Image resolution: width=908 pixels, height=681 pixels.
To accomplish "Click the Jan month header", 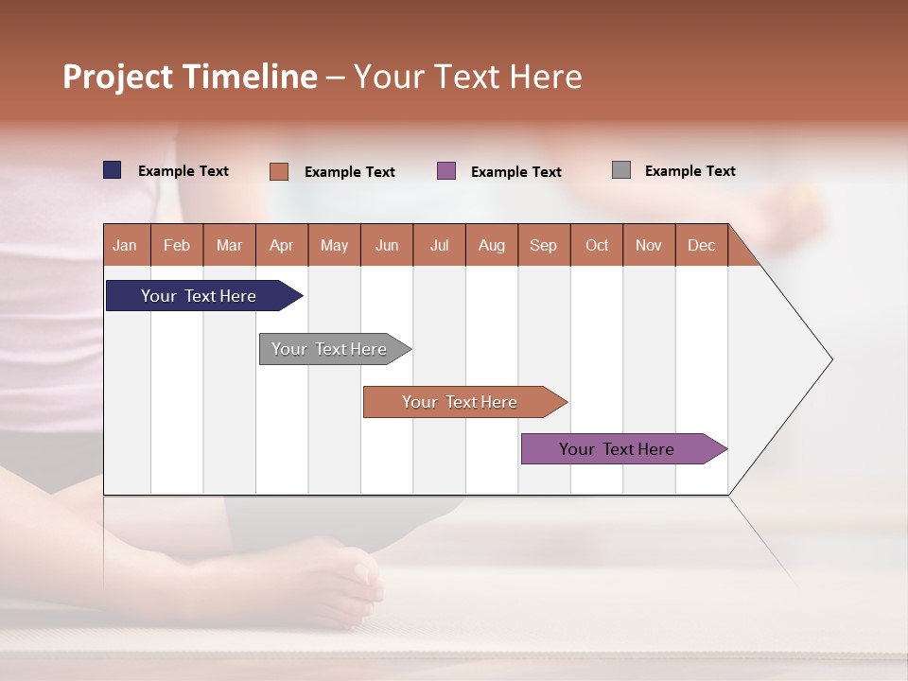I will tap(126, 246).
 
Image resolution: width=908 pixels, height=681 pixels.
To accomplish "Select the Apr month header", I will tap(282, 246).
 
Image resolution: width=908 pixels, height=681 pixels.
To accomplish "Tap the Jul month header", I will tap(439, 246).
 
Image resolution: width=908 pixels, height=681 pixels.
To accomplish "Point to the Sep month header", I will tap(544, 246).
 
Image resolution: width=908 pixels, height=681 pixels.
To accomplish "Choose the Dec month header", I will tap(701, 246).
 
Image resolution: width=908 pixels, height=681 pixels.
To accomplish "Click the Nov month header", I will tap(649, 246).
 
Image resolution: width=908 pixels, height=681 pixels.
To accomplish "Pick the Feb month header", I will tap(177, 246).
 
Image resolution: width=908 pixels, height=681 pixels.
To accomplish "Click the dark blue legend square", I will tap(112, 170).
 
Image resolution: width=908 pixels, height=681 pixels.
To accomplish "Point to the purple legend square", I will tap(446, 171).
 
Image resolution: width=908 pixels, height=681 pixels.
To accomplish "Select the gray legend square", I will tap(621, 170).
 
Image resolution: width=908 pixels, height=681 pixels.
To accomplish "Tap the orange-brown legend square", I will tap(278, 171).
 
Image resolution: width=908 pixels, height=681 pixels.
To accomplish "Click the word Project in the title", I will tap(116, 77).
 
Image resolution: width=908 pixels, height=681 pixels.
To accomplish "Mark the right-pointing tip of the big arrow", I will tap(829, 359).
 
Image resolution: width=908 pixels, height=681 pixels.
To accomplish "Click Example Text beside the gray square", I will tap(690, 171).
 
